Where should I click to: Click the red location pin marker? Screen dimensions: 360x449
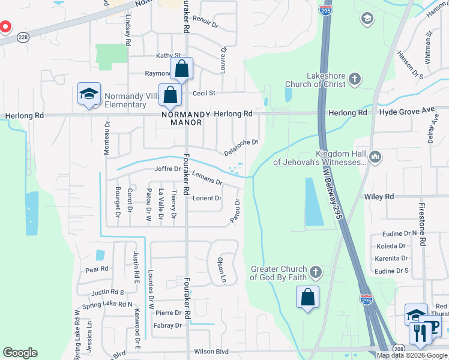pyautogui.click(x=4, y=27)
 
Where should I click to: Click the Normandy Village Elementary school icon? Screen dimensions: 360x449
pyautogui.click(x=89, y=95)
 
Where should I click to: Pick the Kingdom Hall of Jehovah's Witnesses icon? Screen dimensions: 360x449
pyautogui.click(x=376, y=157)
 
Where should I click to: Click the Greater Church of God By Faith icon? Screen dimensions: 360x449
pyautogui.click(x=316, y=273)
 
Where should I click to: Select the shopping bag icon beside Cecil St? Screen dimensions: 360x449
pyautogui.click(x=171, y=95)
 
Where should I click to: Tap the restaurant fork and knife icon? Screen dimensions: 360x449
pyautogui.click(x=420, y=332)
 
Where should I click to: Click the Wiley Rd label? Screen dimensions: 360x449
pyautogui.click(x=379, y=197)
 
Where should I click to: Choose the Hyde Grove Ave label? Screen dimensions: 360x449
pyautogui.click(x=398, y=112)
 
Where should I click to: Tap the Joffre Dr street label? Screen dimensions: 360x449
pyautogui.click(x=167, y=169)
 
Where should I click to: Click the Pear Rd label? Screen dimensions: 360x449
pyautogui.click(x=97, y=269)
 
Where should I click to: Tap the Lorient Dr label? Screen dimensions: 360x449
pyautogui.click(x=206, y=198)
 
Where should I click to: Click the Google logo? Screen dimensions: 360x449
pyautogui.click(x=20, y=353)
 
